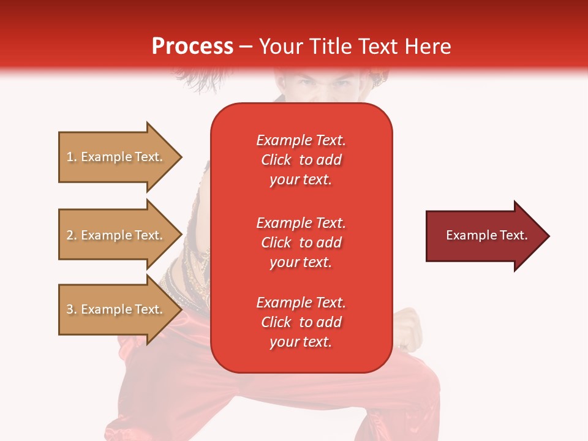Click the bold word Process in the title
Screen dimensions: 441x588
tap(192, 47)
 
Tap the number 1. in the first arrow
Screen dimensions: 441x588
tap(72, 157)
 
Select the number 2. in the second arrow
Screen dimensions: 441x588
tap(72, 235)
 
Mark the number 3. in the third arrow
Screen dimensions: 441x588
tap(72, 309)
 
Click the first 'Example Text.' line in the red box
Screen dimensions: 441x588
tap(301, 140)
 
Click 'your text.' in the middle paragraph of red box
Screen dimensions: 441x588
tap(301, 262)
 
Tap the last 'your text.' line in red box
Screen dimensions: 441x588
tap(301, 342)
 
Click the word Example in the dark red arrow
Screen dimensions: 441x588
tap(467, 235)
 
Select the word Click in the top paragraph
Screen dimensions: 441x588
tap(276, 160)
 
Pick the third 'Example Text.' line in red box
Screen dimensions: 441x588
tap(301, 303)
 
